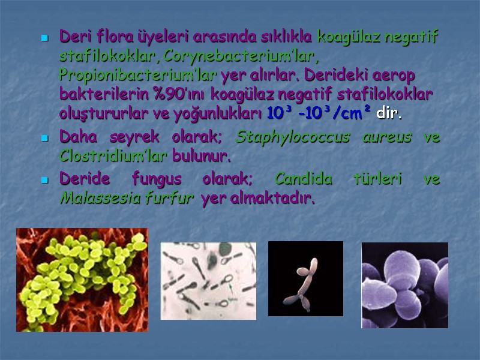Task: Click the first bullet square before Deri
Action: (44, 38)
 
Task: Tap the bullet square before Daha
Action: (44, 139)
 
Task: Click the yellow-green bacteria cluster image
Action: (82, 280)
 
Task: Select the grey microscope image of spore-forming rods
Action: (208, 280)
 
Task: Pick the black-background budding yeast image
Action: (305, 278)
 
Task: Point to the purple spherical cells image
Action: (404, 285)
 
